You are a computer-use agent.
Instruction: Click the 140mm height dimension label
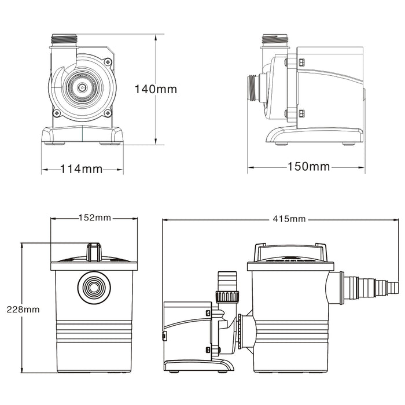pos(156,89)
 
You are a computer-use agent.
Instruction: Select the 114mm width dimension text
pos(82,169)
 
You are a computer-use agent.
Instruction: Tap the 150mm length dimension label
pos(308,167)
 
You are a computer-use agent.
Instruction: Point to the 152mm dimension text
pos(94,218)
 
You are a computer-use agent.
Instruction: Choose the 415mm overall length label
pos(290,219)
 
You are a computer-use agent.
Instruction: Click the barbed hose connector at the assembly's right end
pos(370,285)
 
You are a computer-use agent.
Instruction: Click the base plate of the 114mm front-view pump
pos(82,136)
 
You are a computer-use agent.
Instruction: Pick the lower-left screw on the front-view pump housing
pos(57,113)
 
